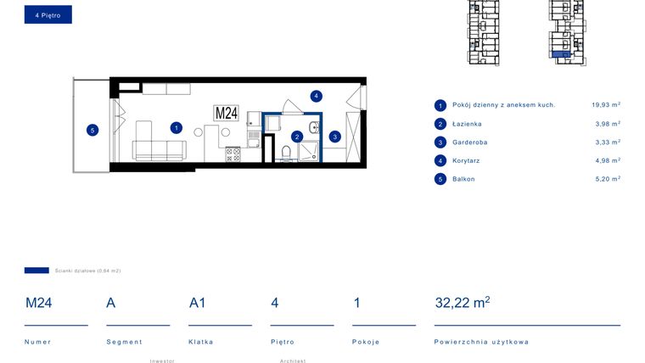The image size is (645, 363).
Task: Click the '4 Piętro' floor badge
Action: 48,14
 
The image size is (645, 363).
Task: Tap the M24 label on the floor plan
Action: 226,113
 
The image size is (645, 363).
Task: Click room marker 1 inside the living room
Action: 176,128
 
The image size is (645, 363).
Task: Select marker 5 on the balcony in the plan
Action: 93,130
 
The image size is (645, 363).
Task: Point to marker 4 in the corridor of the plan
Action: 316,96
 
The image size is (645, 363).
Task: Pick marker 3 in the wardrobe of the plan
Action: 335,136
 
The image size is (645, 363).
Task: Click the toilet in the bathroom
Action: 286,152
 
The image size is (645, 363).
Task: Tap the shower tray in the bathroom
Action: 309,151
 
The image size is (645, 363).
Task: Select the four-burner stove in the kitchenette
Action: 233,154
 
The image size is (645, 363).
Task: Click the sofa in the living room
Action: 159,145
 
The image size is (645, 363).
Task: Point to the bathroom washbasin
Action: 315,128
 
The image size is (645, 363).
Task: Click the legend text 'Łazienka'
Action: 467,124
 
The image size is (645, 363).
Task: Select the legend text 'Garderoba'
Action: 469,142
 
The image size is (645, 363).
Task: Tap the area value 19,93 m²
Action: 605,105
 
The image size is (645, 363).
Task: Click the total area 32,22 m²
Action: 462,302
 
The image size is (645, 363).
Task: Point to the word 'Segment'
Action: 124,342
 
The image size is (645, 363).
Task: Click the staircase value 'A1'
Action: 198,302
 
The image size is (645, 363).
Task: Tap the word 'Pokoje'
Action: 366,342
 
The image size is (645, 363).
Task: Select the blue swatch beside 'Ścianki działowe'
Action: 36,271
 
